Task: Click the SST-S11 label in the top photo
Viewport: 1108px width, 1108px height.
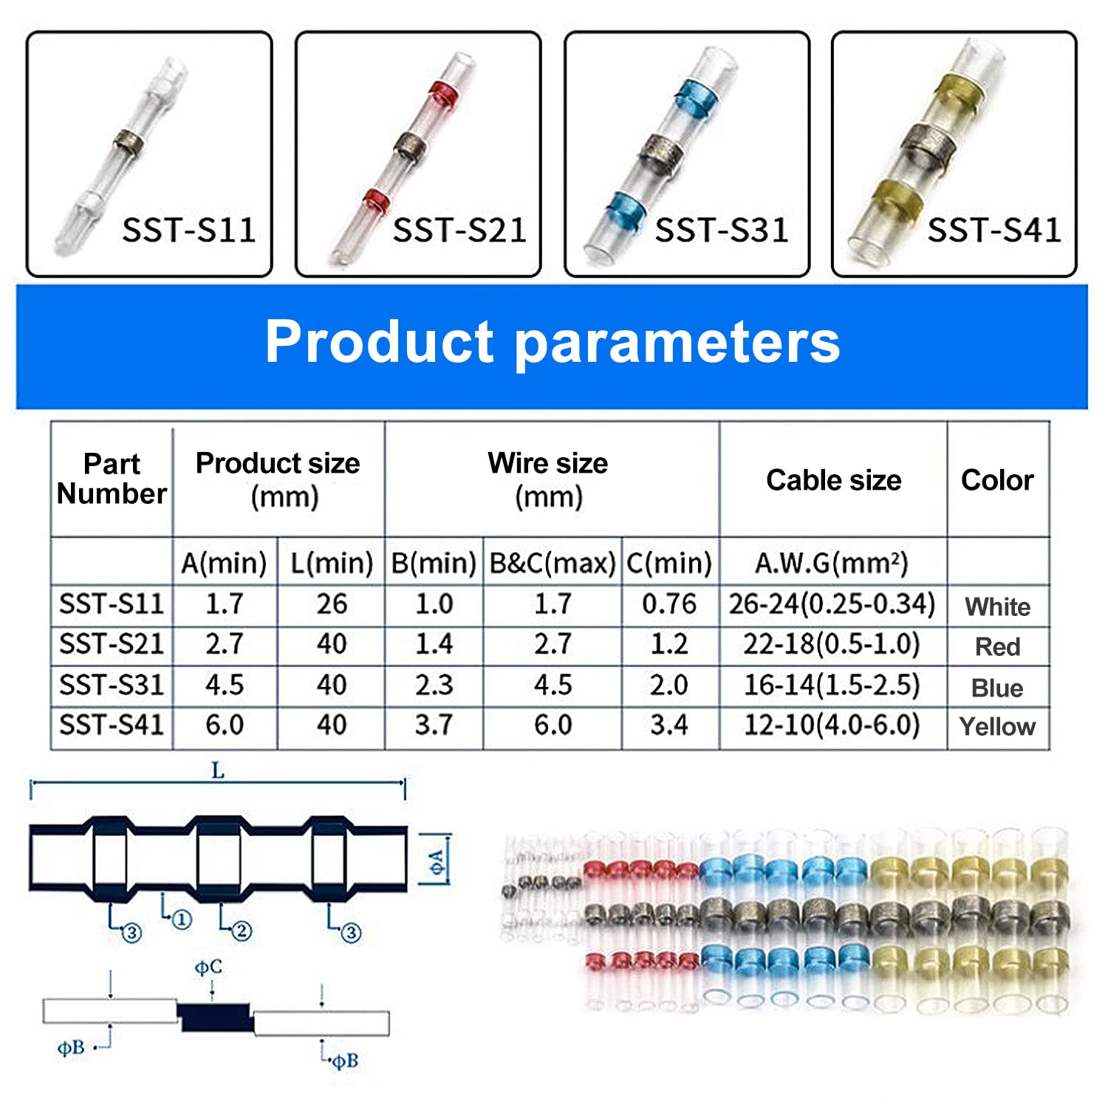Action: tap(189, 230)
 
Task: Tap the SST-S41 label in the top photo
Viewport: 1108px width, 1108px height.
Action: tap(994, 230)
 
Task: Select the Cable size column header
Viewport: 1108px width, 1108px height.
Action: tap(834, 480)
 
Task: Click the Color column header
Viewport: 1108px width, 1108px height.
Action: tap(997, 480)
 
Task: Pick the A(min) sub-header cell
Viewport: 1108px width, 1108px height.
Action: tap(224, 564)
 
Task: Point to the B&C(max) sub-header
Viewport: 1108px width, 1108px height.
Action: tap(553, 564)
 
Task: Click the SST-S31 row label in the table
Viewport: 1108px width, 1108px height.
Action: tap(112, 685)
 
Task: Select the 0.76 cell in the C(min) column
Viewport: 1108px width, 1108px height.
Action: tap(669, 604)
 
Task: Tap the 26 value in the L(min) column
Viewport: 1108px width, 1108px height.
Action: tap(332, 604)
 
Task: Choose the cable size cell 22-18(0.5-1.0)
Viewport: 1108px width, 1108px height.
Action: tap(832, 644)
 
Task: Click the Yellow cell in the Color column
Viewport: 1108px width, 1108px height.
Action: tap(997, 727)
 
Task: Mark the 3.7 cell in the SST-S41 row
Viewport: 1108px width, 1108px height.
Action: tap(434, 725)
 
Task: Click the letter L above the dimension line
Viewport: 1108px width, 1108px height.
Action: tap(218, 771)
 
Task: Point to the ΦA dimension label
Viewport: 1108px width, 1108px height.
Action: tap(438, 861)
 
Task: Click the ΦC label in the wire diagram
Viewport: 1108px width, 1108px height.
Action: tap(208, 967)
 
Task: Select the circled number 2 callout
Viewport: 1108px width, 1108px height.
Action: tap(242, 931)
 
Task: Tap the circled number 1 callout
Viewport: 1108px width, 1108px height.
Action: tap(182, 920)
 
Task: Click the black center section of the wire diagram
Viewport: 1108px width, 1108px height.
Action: tap(215, 1017)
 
